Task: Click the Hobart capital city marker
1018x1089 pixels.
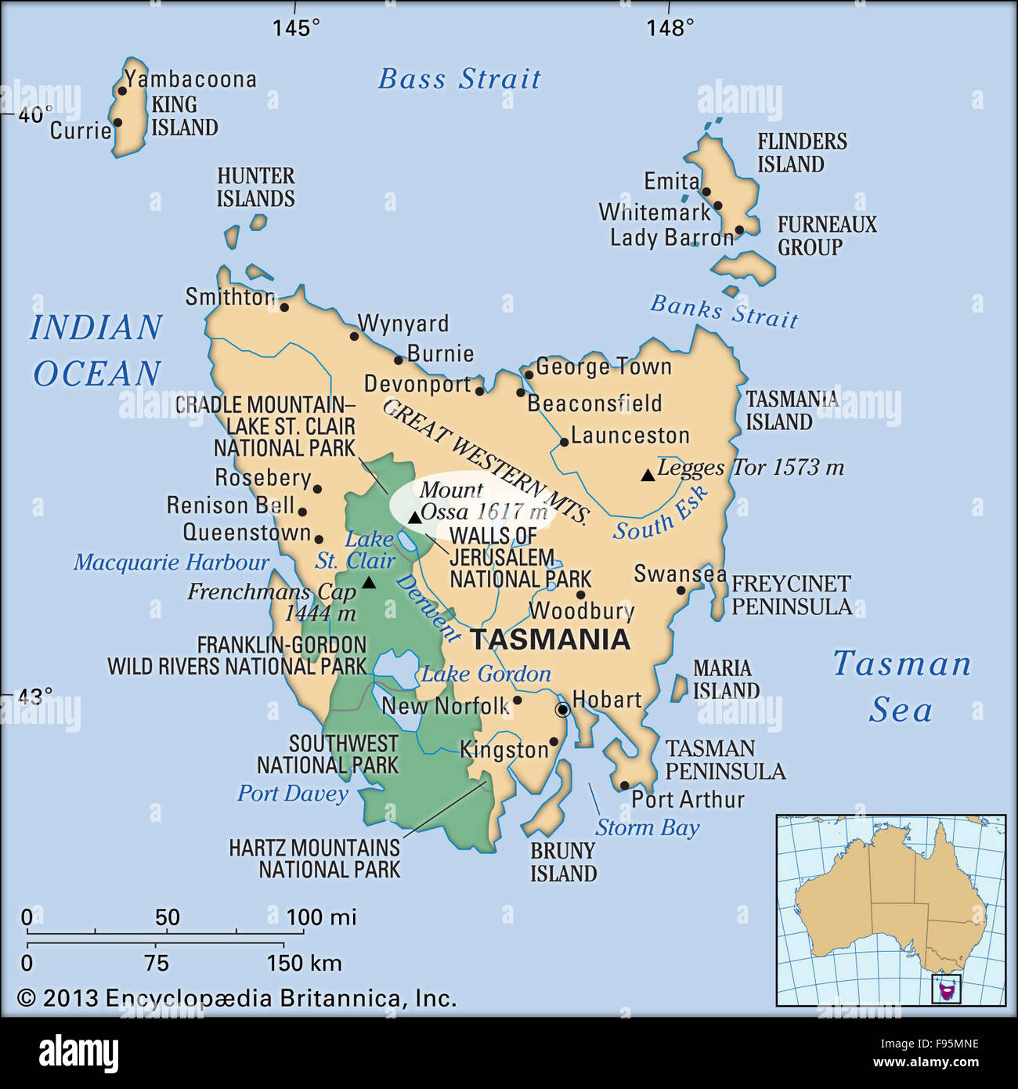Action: [x=562, y=710]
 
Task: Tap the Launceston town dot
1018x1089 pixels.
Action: [x=564, y=443]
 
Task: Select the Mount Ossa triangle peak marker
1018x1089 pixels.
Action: [x=414, y=518]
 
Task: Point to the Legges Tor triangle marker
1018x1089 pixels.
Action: [x=648, y=475]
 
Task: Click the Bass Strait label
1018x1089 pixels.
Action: [x=460, y=79]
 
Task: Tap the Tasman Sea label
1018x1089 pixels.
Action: [x=901, y=686]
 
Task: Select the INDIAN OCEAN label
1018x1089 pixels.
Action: [x=96, y=350]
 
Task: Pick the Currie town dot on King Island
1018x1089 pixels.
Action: [x=117, y=122]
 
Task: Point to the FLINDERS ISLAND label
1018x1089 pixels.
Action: [x=801, y=153]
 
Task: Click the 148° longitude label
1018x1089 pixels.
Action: [x=670, y=28]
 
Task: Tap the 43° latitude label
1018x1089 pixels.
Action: [x=36, y=696]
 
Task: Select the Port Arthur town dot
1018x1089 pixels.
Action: [x=624, y=785]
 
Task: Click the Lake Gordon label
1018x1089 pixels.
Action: [x=486, y=674]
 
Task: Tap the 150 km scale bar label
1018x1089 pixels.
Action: [x=304, y=963]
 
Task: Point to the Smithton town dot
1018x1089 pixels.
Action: [x=284, y=307]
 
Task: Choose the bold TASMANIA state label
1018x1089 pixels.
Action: [x=550, y=639]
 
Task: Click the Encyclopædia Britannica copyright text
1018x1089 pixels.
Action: [x=236, y=998]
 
